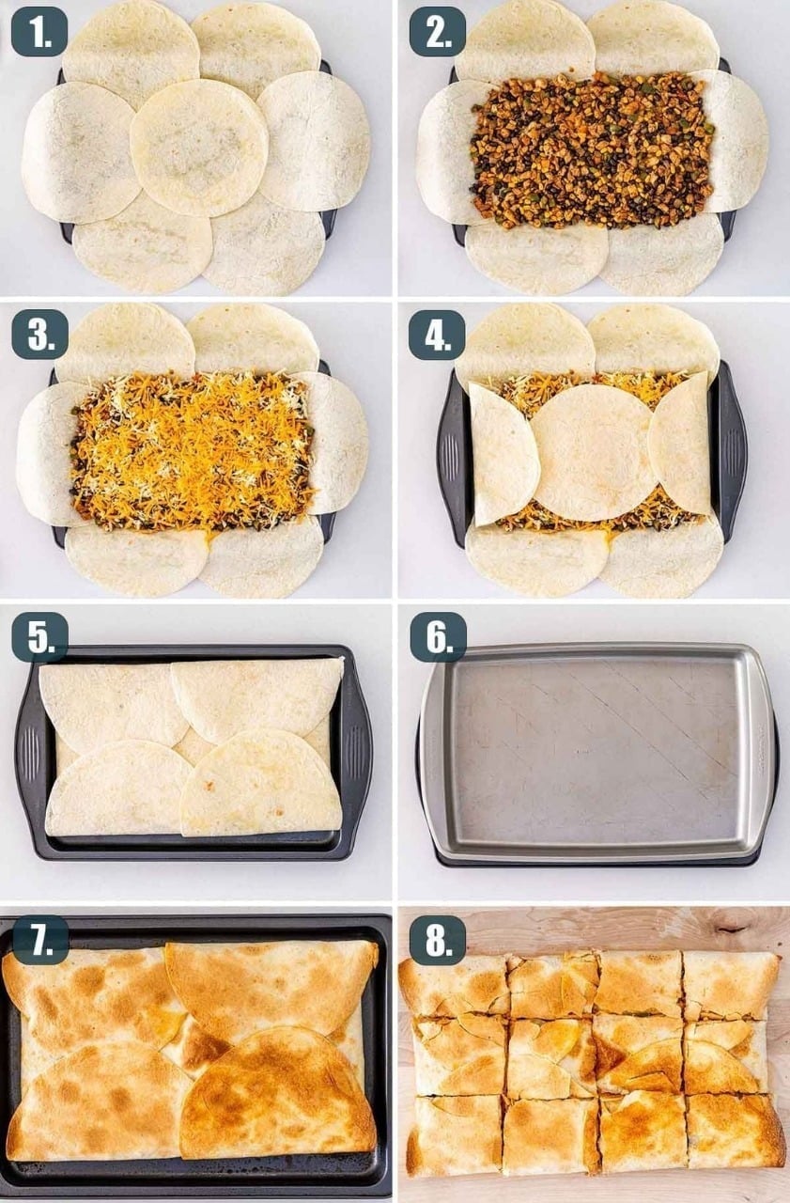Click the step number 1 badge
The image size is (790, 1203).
tap(39, 32)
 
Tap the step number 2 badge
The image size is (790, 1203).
tap(438, 32)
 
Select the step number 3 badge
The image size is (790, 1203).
tap(39, 335)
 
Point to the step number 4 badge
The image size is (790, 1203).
tap(438, 335)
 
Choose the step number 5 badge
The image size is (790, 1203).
tap(39, 637)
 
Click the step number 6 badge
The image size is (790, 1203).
tap(439, 637)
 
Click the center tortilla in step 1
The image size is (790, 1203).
tap(199, 148)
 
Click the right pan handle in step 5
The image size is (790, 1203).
tap(357, 752)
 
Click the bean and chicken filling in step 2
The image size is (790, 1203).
tap(592, 149)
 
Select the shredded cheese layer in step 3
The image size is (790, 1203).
tap(192, 450)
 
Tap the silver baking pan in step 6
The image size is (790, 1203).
tap(596, 754)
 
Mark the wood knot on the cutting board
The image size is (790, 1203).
tap(735, 930)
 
